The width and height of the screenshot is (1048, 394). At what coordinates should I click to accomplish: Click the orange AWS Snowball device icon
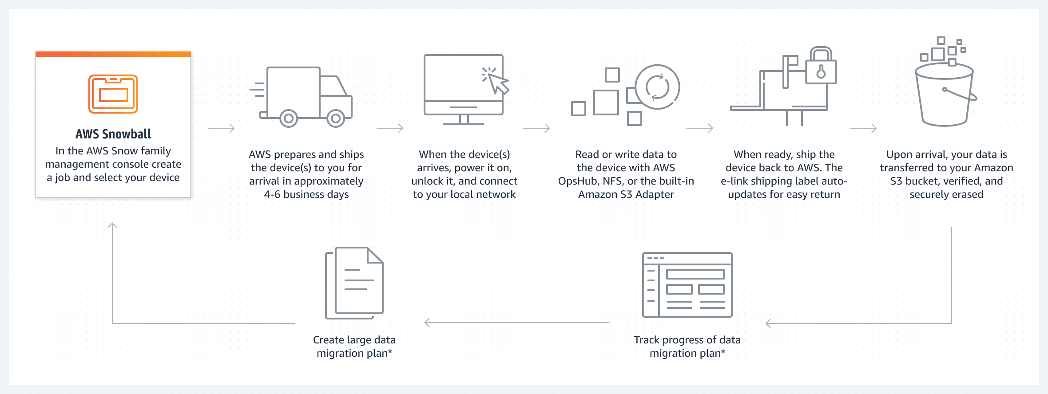click(113, 94)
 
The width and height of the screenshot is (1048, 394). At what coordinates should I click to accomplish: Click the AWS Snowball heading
click(113, 134)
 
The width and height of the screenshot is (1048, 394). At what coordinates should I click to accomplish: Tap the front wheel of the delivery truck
click(336, 118)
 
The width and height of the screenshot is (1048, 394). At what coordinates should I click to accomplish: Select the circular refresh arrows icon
click(657, 87)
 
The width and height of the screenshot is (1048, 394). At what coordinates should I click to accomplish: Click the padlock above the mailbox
click(821, 67)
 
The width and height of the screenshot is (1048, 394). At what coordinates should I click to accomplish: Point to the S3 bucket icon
click(944, 95)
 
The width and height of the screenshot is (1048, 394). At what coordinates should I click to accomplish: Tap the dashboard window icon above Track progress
click(687, 285)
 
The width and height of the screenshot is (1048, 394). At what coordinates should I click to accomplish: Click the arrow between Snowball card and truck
click(221, 128)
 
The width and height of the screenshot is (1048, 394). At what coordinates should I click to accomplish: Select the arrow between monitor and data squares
click(536, 128)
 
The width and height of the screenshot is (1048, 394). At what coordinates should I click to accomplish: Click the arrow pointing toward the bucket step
click(863, 128)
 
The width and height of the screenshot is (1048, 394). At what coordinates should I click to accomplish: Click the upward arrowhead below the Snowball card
click(112, 226)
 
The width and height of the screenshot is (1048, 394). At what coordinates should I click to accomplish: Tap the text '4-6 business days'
click(306, 194)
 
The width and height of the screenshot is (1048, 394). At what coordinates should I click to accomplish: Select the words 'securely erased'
click(946, 194)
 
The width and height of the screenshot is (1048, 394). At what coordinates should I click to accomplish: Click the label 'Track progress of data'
click(687, 340)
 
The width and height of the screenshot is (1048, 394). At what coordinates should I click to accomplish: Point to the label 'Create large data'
click(354, 340)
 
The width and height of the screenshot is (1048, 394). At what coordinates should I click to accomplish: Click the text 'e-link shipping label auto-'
click(784, 181)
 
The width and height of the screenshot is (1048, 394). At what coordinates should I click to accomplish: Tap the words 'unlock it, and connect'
click(464, 181)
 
